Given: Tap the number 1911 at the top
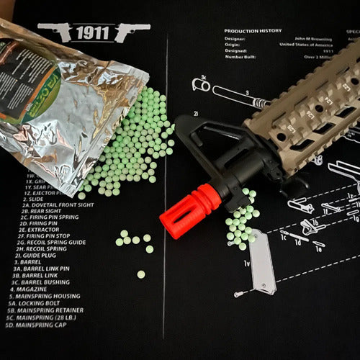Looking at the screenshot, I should click(94, 32).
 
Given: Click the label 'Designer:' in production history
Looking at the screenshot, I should click(235, 40).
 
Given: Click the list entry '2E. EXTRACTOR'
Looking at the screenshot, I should click(36, 228).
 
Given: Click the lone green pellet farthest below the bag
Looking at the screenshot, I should click(140, 274).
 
